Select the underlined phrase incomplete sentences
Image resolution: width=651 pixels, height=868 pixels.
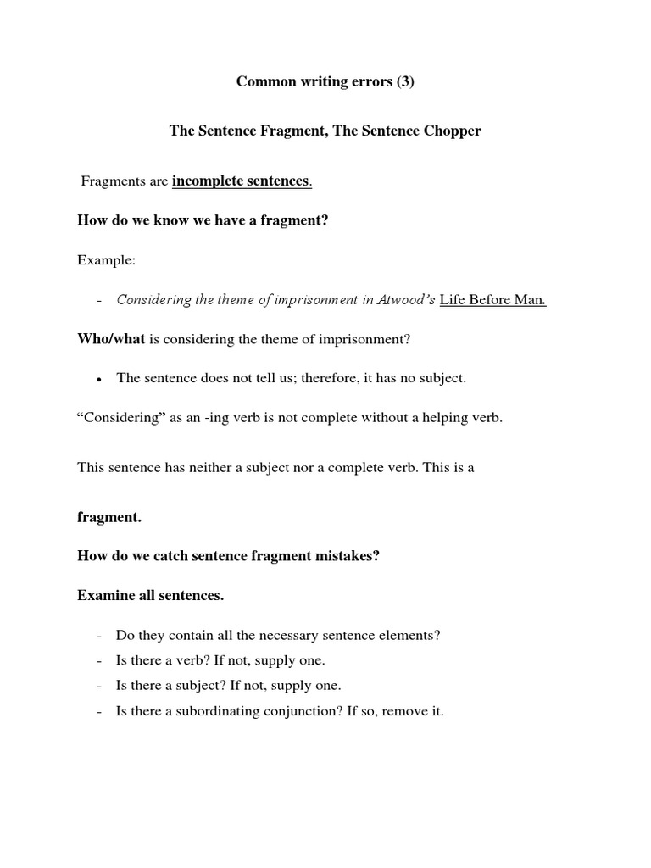pyautogui.click(x=241, y=181)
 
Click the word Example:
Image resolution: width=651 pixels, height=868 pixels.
pyautogui.click(x=106, y=260)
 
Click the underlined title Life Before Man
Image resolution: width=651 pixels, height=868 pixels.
pyautogui.click(x=492, y=299)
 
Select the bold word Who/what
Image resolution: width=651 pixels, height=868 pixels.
pyautogui.click(x=111, y=339)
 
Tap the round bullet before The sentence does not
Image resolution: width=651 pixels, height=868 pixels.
pyautogui.click(x=99, y=380)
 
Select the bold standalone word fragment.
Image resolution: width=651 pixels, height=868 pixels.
pyautogui.click(x=109, y=516)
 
